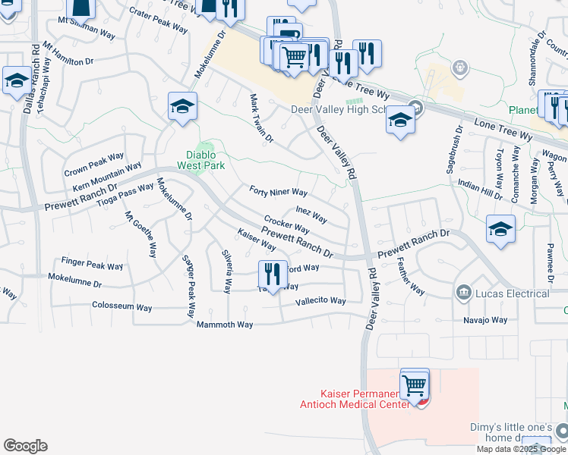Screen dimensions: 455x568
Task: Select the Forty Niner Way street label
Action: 279,193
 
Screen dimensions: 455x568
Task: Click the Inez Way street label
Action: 311,215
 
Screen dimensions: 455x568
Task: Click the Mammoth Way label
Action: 225,325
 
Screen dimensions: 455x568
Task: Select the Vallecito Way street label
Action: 320,301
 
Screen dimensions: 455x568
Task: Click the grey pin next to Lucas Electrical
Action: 462,293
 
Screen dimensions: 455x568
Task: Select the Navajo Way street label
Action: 485,320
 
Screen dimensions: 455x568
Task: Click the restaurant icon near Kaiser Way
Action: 273,274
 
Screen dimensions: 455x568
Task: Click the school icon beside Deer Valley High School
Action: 400,120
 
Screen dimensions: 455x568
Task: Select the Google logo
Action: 25,446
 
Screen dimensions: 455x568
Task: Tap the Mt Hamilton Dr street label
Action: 68,53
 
